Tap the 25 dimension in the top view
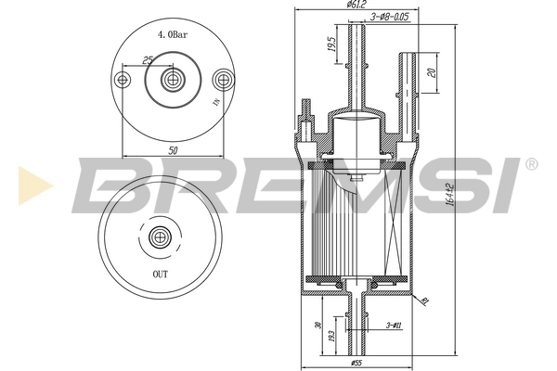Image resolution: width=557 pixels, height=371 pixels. click(x=147, y=60)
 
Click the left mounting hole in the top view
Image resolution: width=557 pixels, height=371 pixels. click(x=123, y=80)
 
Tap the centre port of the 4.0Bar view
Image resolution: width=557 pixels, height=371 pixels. click(x=171, y=80)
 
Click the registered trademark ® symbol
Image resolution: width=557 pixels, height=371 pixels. click(x=531, y=164)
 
